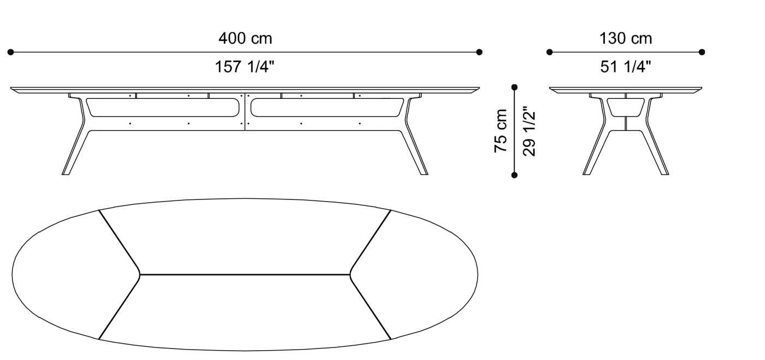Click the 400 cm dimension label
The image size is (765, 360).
pos(245,39)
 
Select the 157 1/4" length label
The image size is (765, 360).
pos(245,67)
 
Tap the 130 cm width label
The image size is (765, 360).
pos(626,39)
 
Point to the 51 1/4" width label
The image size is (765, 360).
pos(626,67)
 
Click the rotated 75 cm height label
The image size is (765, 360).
pos(501,131)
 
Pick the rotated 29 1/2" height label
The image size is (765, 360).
pos(529,131)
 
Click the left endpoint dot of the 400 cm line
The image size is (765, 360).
pos(10,52)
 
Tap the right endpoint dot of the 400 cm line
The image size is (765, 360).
pos(479,52)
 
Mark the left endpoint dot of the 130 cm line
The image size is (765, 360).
pos(550,52)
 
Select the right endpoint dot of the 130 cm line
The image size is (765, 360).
pos(702,52)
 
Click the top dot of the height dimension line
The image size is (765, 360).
pos(514,87)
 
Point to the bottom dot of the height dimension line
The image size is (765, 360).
pos(514,175)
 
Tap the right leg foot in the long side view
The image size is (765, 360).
pos(423,172)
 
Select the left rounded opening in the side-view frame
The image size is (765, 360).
pos(163,108)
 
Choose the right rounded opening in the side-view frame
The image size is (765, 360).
pos(327,108)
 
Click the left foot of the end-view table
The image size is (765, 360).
pos(587,172)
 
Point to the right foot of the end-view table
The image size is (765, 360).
pos(664,172)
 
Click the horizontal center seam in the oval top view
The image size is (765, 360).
pos(245,274)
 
